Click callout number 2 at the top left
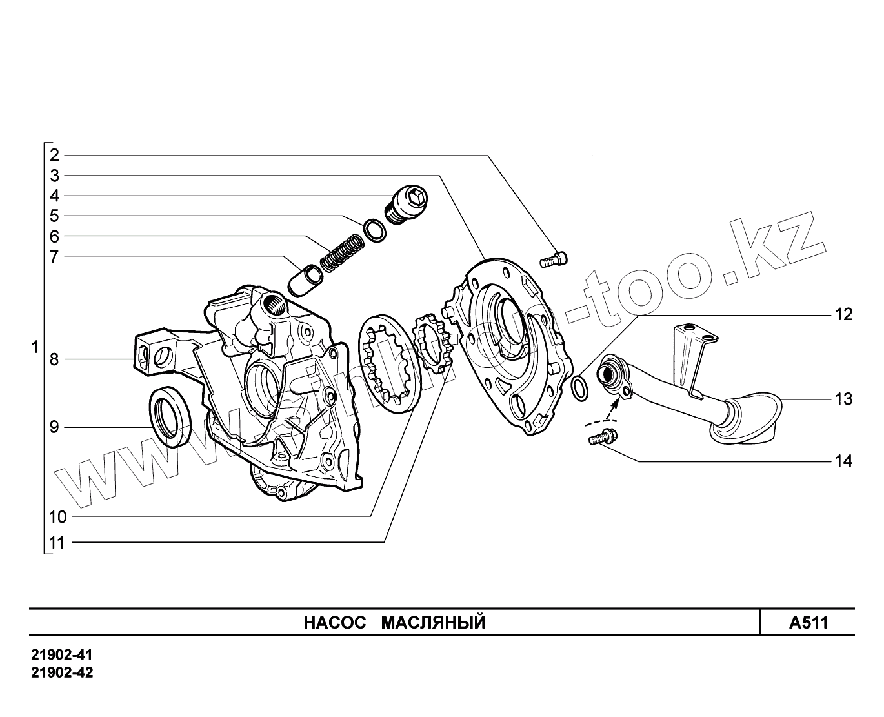(x=54, y=155)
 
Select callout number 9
(x=54, y=427)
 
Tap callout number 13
(x=843, y=399)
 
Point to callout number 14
(x=843, y=461)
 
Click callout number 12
(x=843, y=315)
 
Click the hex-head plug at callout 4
(x=408, y=202)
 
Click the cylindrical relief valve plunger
(x=305, y=280)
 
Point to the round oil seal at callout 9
(x=170, y=417)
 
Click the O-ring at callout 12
(x=580, y=387)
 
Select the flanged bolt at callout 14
(x=602, y=438)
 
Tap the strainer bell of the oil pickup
(x=748, y=423)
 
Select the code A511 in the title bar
(x=808, y=623)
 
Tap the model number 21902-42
(x=62, y=672)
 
